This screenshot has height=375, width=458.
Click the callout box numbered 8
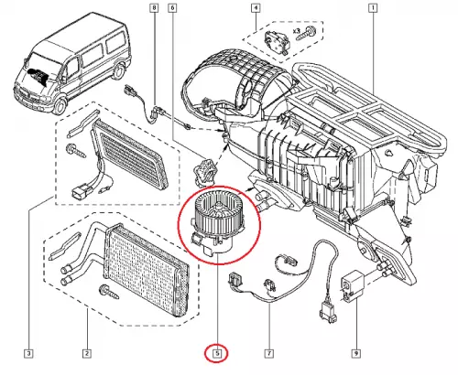pyautogui.click(x=155, y=7)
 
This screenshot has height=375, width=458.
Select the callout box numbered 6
pyautogui.click(x=172, y=7)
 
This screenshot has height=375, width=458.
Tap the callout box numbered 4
pyautogui.click(x=256, y=8)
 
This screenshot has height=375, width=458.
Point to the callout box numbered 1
pyautogui.click(x=373, y=8)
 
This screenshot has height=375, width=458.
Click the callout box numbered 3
pyautogui.click(x=28, y=354)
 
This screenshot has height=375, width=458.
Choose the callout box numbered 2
pyautogui.click(x=87, y=354)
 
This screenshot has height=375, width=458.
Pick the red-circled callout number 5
pyautogui.click(x=217, y=353)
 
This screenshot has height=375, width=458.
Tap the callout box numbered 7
pyautogui.click(x=269, y=354)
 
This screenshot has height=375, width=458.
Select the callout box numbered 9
pyautogui.click(x=356, y=354)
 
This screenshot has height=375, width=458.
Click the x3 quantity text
pyautogui.click(x=298, y=31)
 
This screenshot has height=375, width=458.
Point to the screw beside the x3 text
pyautogui.click(x=305, y=35)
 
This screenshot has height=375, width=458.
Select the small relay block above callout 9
pyautogui.click(x=353, y=285)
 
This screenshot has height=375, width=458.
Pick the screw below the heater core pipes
pyautogui.click(x=109, y=292)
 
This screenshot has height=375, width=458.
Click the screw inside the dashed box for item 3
pyautogui.click(x=76, y=151)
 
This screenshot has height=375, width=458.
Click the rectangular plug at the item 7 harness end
pyautogui.click(x=327, y=313)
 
